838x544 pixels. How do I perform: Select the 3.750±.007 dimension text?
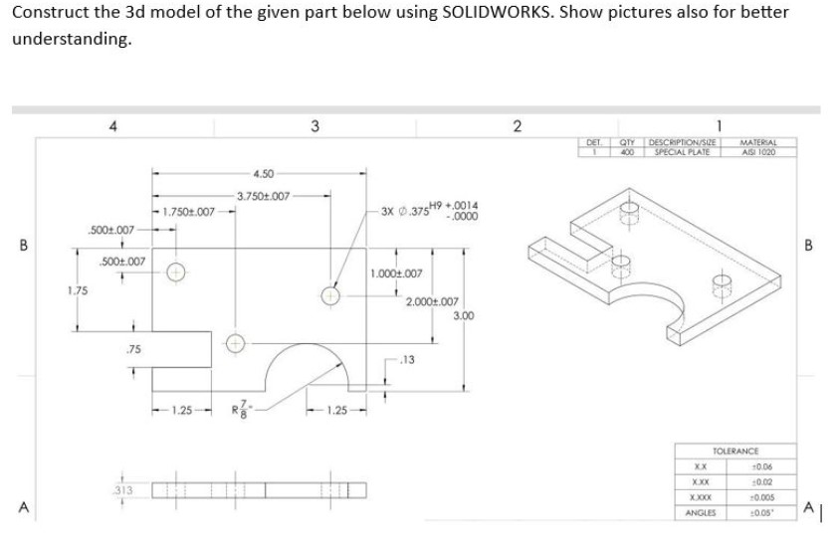263,196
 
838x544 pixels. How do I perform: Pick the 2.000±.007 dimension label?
432,301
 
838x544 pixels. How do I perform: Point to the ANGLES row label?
701,512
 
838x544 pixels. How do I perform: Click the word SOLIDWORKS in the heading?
491,13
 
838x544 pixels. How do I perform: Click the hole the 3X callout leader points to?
330,294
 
